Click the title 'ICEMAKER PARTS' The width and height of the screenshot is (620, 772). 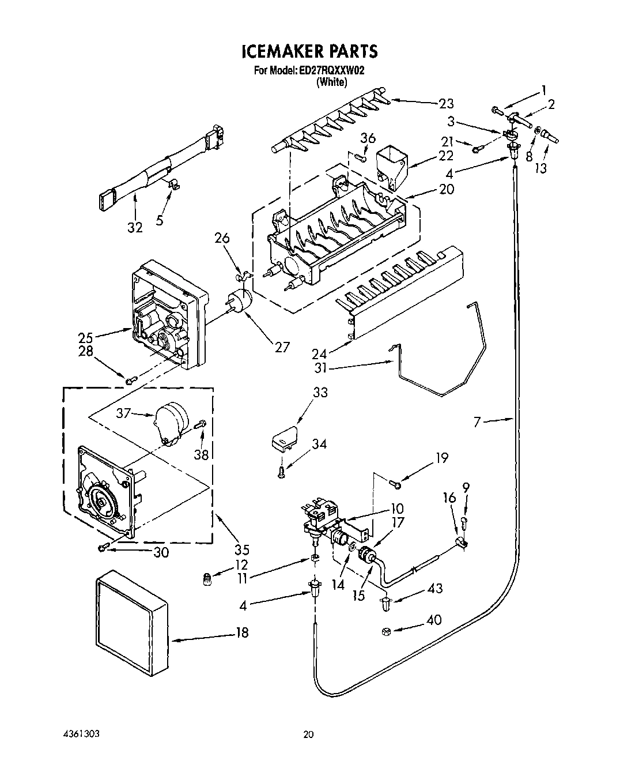pos(309,51)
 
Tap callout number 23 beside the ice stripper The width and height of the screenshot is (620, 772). pos(446,104)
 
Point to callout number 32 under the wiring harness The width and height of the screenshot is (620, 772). pos(134,228)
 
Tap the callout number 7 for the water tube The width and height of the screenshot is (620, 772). pos(477,423)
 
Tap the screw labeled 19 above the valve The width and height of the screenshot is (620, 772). pos(395,484)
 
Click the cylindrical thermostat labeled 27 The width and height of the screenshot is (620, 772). pos(241,301)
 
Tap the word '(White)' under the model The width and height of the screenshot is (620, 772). pos(331,82)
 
